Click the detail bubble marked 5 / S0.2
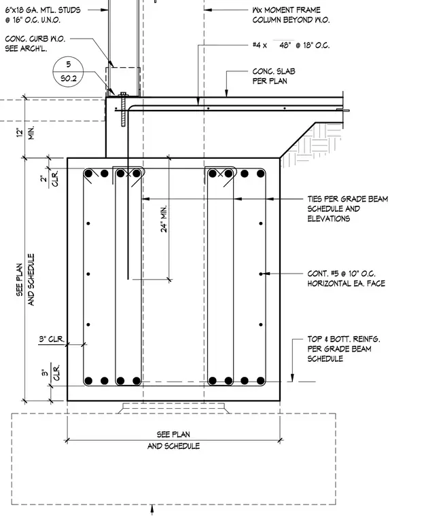pos(68,71)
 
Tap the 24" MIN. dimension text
pos(164,219)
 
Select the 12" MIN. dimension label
pos(26,132)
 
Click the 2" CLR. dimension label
pos(50,179)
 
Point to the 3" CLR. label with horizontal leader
pos(52,339)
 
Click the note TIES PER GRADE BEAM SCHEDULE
pos(348,208)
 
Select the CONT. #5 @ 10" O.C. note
pos(346,278)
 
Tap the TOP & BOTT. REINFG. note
pos(344,349)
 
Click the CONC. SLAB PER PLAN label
pos(274,76)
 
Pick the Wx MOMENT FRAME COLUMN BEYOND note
pos(291,15)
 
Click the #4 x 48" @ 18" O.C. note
pos(291,45)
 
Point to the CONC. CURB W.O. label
pos(35,43)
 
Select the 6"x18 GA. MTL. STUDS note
pos(43,15)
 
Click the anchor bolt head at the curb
pos(124,94)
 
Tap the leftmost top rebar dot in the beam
pos(88,173)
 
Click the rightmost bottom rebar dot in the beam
pos(261,381)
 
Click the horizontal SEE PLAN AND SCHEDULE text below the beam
pos(173,440)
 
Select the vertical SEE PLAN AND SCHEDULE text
pos(25,280)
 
